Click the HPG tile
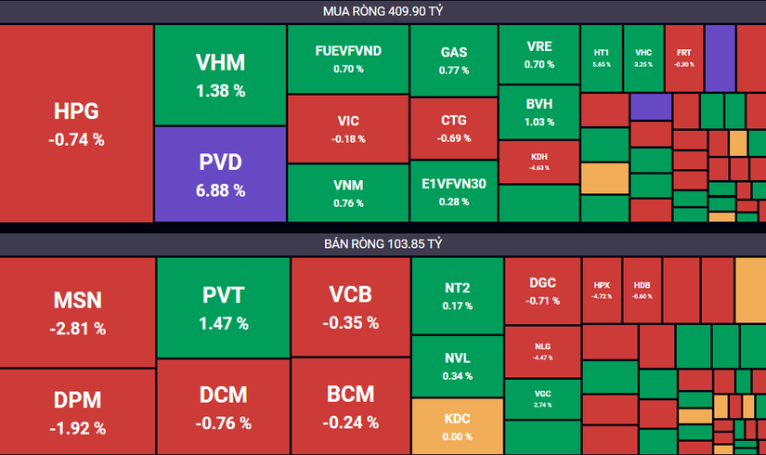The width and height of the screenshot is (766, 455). click(x=76, y=123)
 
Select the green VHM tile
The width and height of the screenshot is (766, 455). click(x=220, y=74)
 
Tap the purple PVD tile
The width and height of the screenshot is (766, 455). click(x=220, y=174)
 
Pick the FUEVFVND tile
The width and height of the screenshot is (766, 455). click(x=347, y=58)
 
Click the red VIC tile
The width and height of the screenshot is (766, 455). click(x=347, y=128)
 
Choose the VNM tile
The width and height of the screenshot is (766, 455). click(x=347, y=192)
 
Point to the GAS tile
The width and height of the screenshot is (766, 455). click(x=453, y=58)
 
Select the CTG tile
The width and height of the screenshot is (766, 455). click(x=453, y=128)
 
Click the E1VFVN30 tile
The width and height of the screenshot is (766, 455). click(x=453, y=192)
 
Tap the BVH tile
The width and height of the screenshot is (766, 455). click(x=539, y=111)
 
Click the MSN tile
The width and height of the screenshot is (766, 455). click(x=77, y=312)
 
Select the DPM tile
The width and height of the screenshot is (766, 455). click(x=77, y=411)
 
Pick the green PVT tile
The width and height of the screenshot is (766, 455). click(x=223, y=306)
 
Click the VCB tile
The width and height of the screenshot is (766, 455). click(x=350, y=306)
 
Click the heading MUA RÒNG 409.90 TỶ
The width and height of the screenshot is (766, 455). click(x=383, y=11)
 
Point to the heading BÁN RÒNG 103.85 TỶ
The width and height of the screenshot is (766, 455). click(x=383, y=244)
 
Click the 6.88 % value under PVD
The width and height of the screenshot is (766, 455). click(x=220, y=190)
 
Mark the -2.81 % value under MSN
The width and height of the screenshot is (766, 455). click(x=77, y=329)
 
